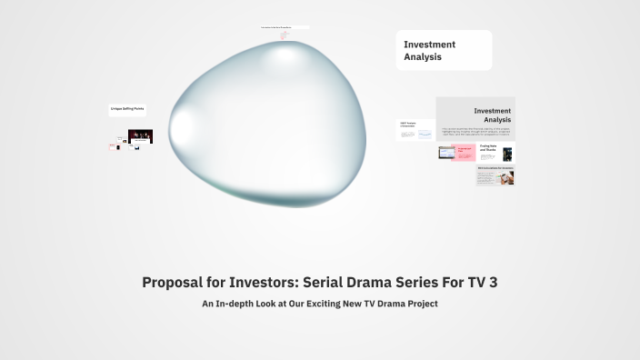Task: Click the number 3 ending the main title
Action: click(493, 283)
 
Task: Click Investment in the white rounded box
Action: click(430, 44)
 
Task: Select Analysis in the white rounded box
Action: click(423, 56)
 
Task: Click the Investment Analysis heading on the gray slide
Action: click(492, 115)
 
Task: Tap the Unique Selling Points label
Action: click(127, 109)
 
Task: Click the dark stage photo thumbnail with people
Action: click(140, 136)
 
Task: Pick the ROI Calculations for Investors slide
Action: click(495, 175)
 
